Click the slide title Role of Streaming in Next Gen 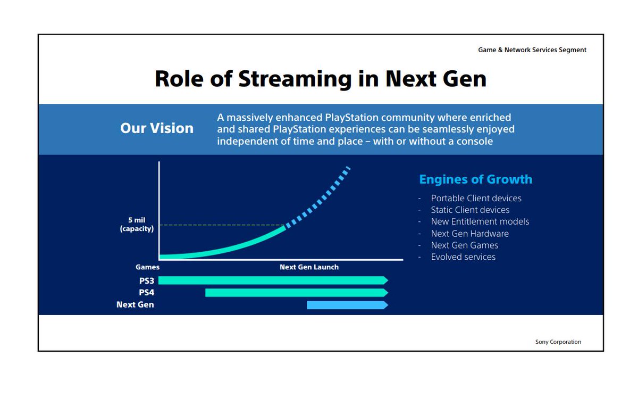pos(321,79)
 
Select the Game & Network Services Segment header pos(532,50)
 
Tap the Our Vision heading pos(157,128)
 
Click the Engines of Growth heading pos(476,179)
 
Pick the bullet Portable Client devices pos(476,198)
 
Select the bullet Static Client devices pos(470,210)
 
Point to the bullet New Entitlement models pos(480,221)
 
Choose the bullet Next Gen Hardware pos(469,234)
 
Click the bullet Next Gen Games pos(465,245)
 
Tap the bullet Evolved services pos(463,257)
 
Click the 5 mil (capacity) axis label pos(137,224)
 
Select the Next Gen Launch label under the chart pos(309,267)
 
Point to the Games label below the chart pos(147,267)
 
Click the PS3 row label pos(146,281)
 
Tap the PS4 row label pos(146,293)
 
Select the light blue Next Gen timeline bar pos(348,305)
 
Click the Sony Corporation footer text pos(558,342)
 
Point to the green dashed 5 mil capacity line pos(222,225)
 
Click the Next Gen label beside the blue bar pos(135,304)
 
